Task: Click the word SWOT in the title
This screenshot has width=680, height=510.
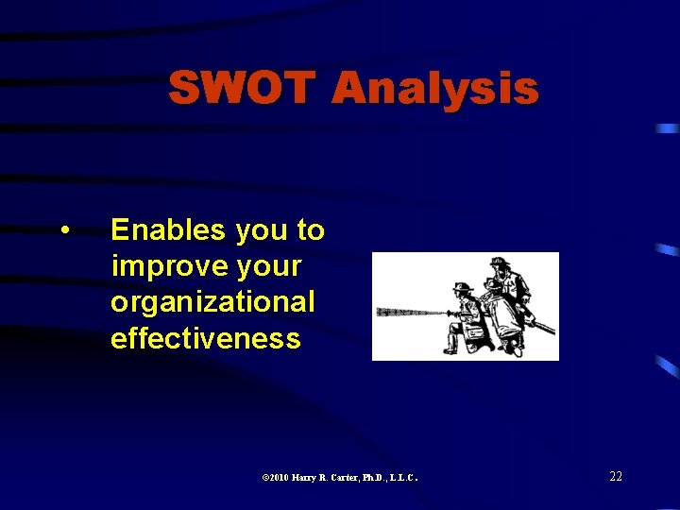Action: click(242, 89)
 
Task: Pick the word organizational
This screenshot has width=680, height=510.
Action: click(212, 302)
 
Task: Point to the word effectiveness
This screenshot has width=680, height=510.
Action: click(205, 338)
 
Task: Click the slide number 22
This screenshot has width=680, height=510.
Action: click(615, 476)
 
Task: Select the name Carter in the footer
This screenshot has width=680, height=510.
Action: click(342, 478)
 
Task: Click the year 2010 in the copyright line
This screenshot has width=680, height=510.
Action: click(278, 478)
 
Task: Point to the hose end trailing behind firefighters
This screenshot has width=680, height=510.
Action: click(547, 330)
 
